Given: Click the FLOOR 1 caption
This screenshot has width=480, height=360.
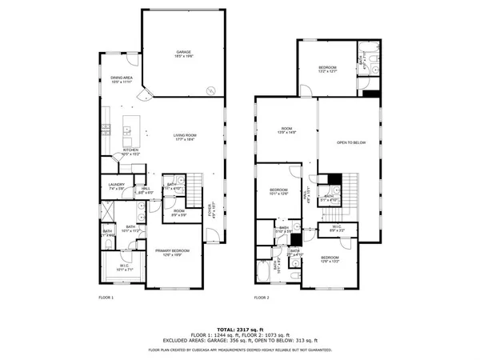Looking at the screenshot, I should point(106,297).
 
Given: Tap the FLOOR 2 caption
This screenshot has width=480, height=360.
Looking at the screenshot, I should point(262,297).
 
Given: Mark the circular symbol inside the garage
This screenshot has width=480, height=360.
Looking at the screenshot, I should point(211,90).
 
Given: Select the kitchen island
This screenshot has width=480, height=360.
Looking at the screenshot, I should point(127,130).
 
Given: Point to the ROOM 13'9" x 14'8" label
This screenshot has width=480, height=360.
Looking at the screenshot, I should point(287,132).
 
